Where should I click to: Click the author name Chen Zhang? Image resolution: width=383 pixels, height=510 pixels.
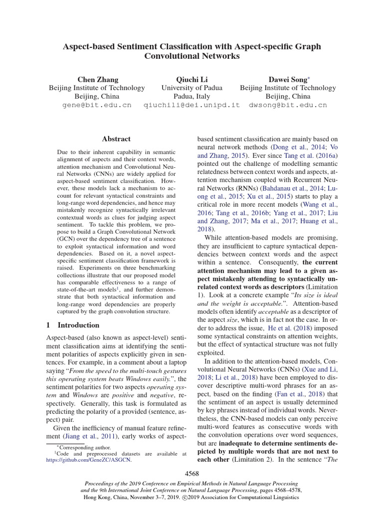point(98,79)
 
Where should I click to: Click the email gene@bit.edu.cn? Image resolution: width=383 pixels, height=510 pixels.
point(97,106)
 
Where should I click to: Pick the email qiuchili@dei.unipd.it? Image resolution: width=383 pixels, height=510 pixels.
point(191,106)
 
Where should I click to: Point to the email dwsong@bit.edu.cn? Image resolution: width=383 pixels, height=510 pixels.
point(288,106)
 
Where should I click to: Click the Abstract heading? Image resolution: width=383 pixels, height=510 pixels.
point(116,139)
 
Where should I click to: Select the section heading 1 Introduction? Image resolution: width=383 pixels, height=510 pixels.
point(72,325)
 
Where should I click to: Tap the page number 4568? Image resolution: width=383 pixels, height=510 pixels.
point(191,473)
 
